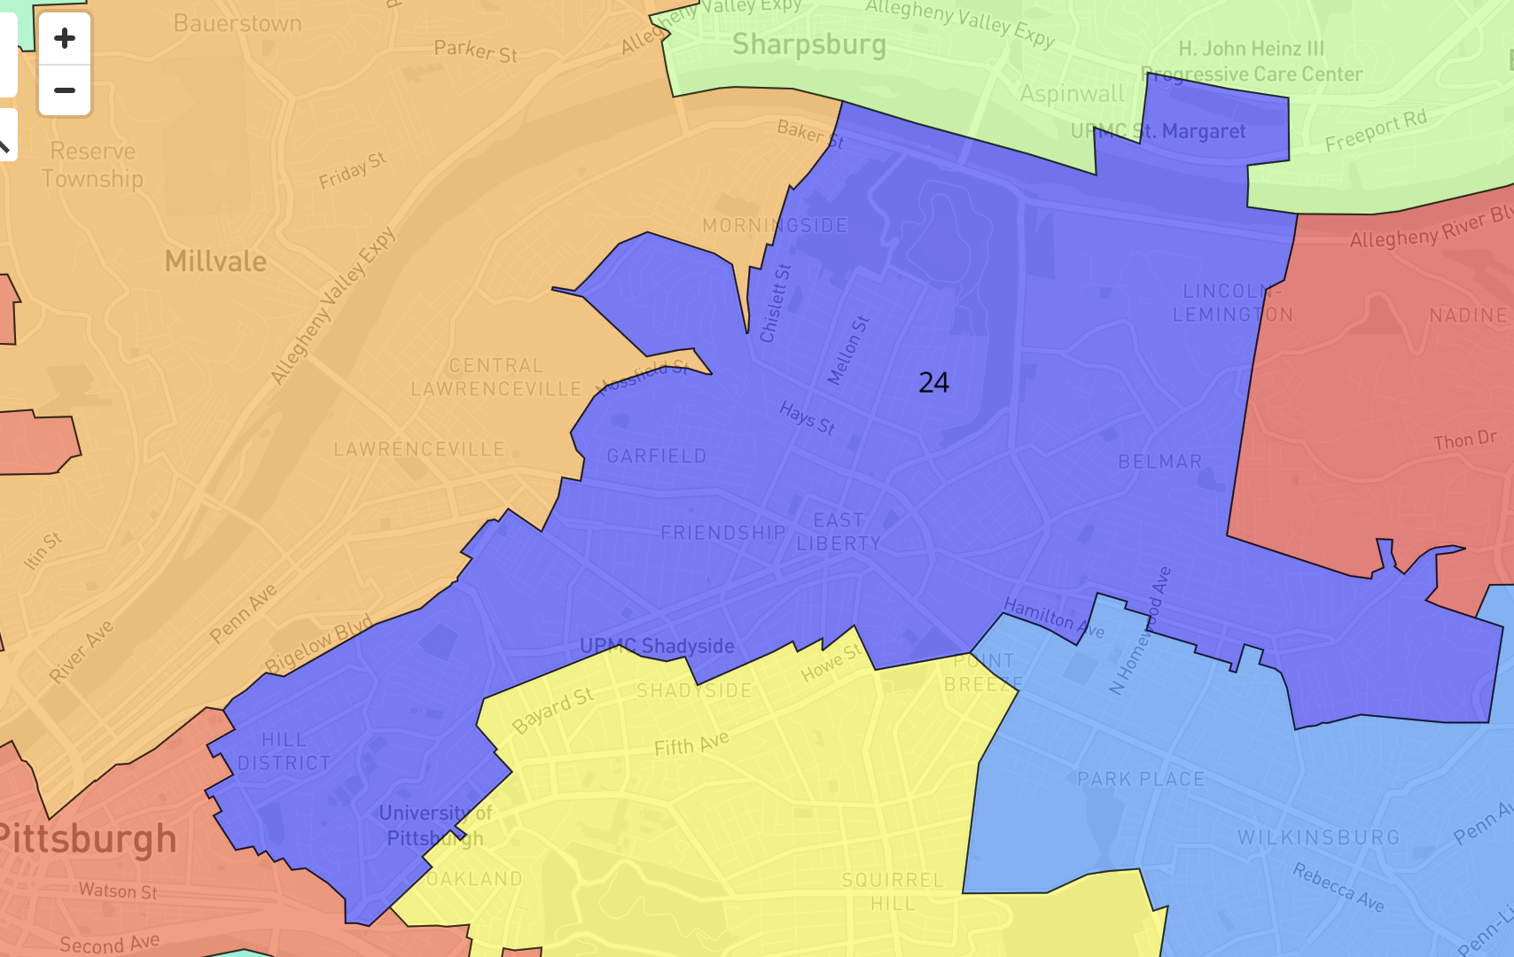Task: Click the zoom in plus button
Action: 65,39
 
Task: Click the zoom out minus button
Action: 65,90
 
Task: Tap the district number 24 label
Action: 933,383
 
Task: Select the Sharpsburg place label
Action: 808,44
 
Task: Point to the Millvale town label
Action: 215,261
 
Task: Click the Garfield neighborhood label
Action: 657,456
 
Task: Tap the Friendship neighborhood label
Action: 722,533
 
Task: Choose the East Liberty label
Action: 839,532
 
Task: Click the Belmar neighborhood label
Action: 1159,462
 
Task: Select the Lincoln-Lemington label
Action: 1232,303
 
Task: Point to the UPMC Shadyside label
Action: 657,646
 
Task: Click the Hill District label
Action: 284,751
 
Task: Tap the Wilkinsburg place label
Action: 1318,837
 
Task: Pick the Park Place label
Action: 1141,779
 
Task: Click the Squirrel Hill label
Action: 893,891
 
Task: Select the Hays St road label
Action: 807,418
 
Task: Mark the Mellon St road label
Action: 848,351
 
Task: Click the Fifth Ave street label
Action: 691,743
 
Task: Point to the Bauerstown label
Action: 237,23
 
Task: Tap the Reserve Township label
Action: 92,165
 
